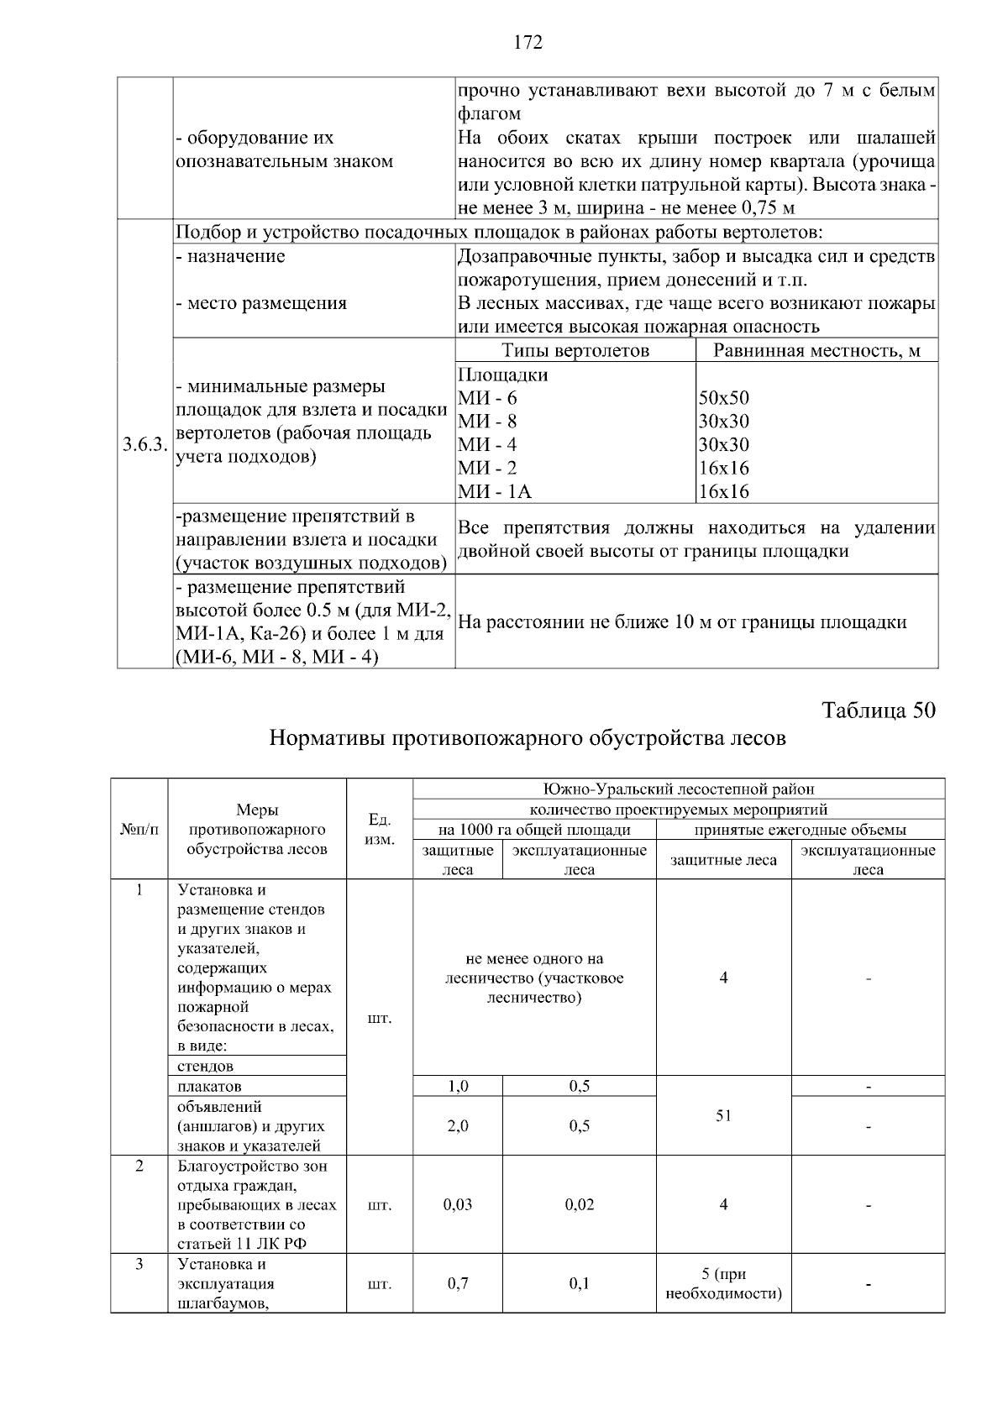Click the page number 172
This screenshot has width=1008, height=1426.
point(528,42)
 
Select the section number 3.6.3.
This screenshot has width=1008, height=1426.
point(144,445)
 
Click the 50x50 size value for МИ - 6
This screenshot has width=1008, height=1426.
point(723,398)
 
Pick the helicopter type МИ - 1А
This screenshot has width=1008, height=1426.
point(495,492)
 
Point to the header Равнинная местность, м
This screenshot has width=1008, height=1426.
point(816,351)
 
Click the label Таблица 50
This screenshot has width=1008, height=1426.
point(878,710)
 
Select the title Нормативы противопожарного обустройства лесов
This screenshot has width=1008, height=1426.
point(528,738)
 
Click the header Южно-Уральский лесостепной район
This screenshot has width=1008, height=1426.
point(679,789)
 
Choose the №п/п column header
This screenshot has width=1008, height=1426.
point(139,829)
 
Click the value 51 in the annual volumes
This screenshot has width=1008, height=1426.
point(723,1115)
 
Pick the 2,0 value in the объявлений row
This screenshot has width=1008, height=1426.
point(458,1126)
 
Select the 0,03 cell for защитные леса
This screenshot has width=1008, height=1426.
point(458,1204)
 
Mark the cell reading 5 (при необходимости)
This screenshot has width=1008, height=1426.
point(723,1283)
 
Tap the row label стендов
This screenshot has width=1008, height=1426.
point(206,1066)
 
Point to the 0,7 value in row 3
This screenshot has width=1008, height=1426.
point(458,1283)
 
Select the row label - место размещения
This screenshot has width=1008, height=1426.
point(261,303)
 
